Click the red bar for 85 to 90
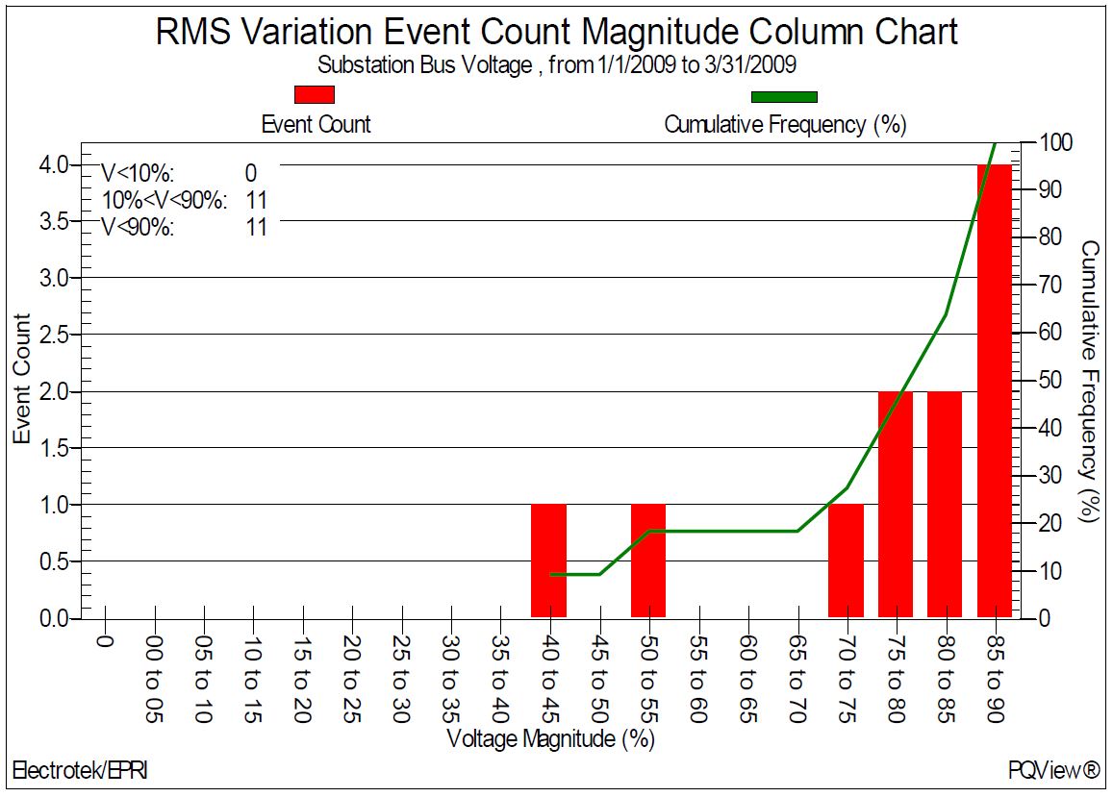coord(994,390)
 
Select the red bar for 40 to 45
coord(548,560)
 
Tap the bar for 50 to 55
coord(647,560)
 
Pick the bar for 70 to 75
coord(846,560)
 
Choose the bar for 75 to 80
coord(895,504)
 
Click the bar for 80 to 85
coord(944,504)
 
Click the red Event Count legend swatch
coord(316,94)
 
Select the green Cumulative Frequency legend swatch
coord(784,96)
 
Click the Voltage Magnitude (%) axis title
coord(551,739)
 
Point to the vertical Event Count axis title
coord(22,379)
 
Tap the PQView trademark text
coord(1053,770)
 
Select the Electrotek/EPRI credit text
coord(80,770)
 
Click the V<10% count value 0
coord(250,173)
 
